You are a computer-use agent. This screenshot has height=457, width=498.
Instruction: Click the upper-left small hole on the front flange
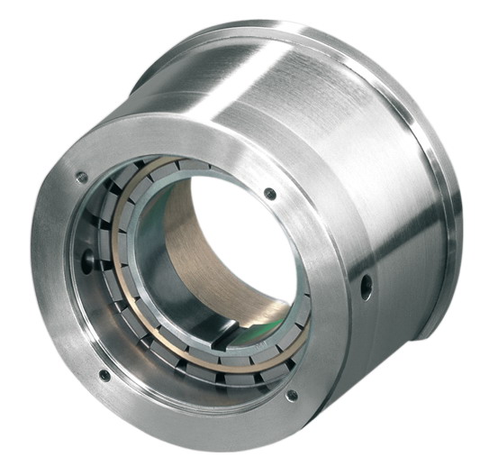(x=82, y=178)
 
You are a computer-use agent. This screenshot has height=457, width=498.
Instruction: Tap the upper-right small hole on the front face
(x=270, y=193)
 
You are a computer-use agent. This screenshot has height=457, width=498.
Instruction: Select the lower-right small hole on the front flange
(x=291, y=395)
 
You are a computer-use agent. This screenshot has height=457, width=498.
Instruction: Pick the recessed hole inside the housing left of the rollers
(x=88, y=263)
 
